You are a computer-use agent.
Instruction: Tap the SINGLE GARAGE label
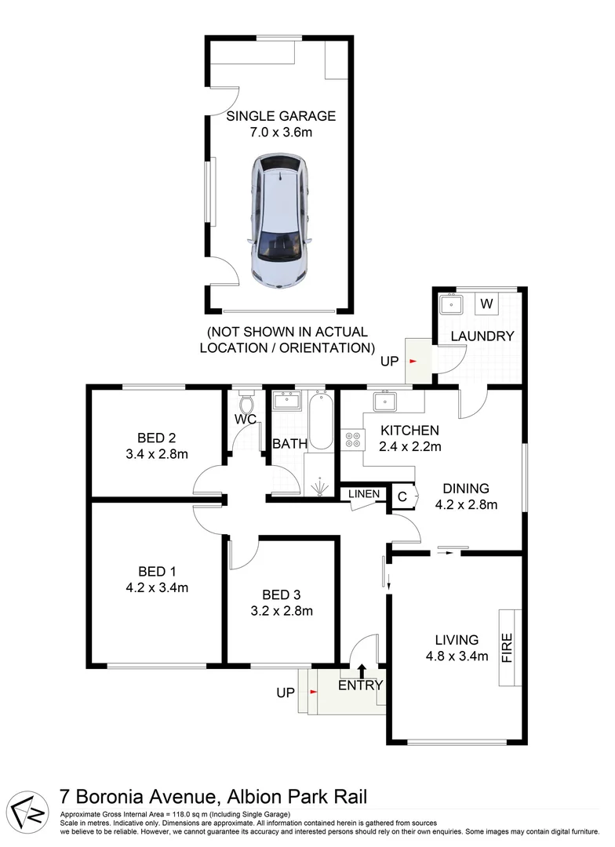click(x=280, y=116)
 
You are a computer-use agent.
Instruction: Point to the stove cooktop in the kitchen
click(x=351, y=439)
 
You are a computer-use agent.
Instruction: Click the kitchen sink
click(x=385, y=402)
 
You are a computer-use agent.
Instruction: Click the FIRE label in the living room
click(x=508, y=648)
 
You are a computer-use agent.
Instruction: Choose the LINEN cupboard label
click(x=366, y=494)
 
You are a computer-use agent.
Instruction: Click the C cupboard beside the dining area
click(x=402, y=496)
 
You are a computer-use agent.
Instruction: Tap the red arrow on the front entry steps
click(x=314, y=693)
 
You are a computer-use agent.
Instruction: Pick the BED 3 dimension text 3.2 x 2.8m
click(x=282, y=611)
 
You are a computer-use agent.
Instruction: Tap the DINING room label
click(x=466, y=488)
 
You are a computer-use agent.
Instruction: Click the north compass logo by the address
click(x=31, y=805)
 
